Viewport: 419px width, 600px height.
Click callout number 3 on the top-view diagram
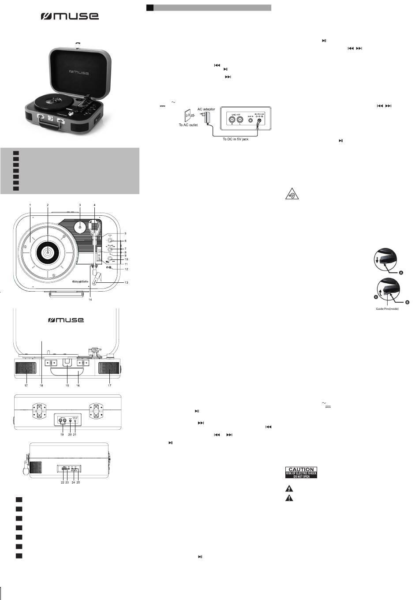click(80, 206)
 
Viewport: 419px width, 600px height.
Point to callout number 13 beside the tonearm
click(127, 282)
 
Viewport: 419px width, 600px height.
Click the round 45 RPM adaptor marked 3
click(80, 227)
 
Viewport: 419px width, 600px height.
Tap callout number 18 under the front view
click(41, 386)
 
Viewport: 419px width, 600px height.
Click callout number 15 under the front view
click(67, 386)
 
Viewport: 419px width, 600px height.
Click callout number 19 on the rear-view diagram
click(62, 435)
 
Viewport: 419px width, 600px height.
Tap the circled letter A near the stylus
click(401, 273)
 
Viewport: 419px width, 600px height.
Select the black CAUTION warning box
click(301, 472)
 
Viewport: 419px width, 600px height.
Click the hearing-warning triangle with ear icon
click(292, 194)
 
